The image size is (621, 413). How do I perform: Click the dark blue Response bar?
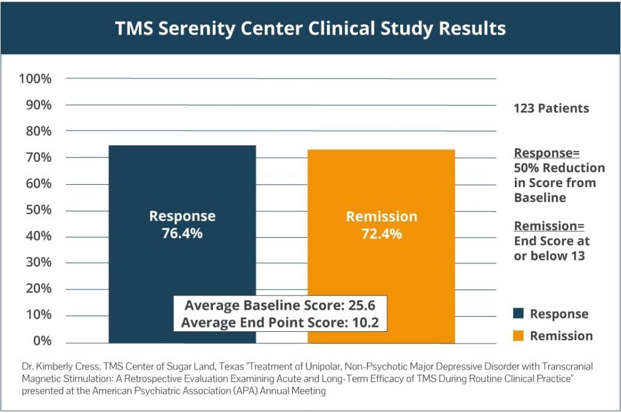182,182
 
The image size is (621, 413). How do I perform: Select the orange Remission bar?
381,182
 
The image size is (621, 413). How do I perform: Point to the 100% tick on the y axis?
35,79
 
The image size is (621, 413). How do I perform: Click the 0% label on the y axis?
42,341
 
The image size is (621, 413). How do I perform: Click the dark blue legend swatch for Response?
518,314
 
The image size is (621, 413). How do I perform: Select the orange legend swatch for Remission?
518,335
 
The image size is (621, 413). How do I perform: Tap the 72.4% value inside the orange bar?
381,234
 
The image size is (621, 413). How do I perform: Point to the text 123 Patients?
551,109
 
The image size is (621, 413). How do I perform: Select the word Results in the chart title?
471,28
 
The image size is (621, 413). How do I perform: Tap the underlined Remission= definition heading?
549,226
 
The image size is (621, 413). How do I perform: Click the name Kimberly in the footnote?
55,367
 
